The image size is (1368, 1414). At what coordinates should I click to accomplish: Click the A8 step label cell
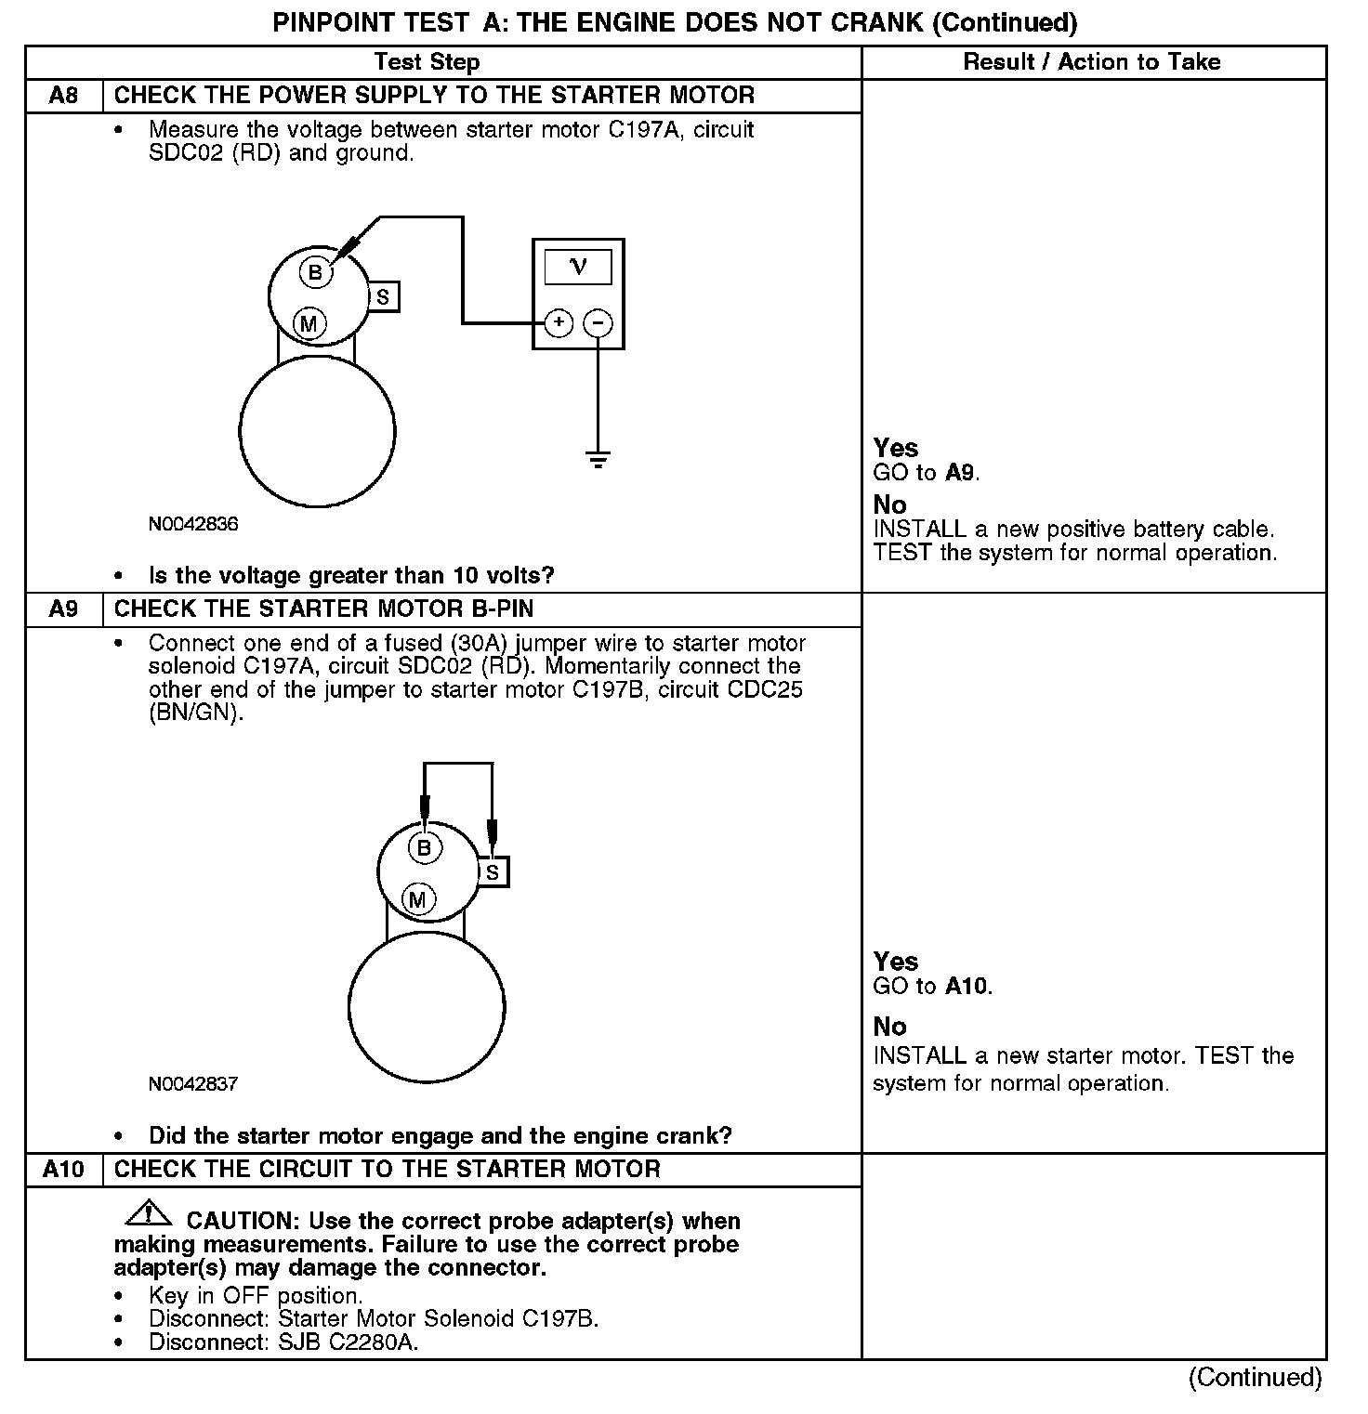point(63,96)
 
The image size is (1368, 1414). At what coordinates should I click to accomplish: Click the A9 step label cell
point(63,609)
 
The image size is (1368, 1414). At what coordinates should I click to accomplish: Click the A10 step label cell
point(63,1170)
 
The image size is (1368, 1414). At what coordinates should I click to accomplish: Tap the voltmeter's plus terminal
point(559,322)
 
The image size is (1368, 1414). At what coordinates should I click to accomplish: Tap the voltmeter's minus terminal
point(598,322)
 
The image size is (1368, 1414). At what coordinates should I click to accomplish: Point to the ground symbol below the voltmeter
point(598,459)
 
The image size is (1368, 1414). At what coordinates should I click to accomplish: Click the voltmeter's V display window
point(578,268)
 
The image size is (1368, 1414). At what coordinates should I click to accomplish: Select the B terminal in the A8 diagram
point(315,272)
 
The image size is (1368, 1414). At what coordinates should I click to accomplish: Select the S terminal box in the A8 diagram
point(383,297)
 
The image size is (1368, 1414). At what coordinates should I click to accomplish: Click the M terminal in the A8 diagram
point(309,323)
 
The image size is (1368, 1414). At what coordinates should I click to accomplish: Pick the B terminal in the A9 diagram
point(425,847)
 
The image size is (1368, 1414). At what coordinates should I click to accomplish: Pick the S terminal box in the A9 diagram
point(493,872)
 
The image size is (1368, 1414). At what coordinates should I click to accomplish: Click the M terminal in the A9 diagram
point(418,899)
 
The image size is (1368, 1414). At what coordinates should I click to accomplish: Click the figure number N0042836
point(193,524)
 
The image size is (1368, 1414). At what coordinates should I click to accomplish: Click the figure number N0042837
point(193,1083)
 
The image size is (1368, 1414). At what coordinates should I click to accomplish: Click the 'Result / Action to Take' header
point(1092,62)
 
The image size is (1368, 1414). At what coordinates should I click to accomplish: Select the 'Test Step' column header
point(427,62)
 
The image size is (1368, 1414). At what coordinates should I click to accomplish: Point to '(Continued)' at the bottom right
point(1255,1377)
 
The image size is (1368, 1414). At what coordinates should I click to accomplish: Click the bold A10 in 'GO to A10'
point(967,986)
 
